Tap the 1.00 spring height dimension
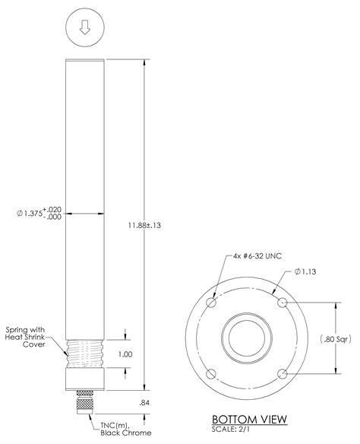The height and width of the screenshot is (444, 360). coord(125,354)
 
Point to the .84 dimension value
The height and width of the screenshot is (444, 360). coord(146,402)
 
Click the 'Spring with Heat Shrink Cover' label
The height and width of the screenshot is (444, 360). coord(28,337)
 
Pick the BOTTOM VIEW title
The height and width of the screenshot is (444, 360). coord(248,419)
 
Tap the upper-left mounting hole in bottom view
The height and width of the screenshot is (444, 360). coord(213,303)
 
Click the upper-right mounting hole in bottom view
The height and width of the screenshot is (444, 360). coord(283,303)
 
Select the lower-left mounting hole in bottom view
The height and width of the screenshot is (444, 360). coord(213,373)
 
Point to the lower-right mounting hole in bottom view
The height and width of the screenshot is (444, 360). coord(283,373)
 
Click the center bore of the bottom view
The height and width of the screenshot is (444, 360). coord(248,338)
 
